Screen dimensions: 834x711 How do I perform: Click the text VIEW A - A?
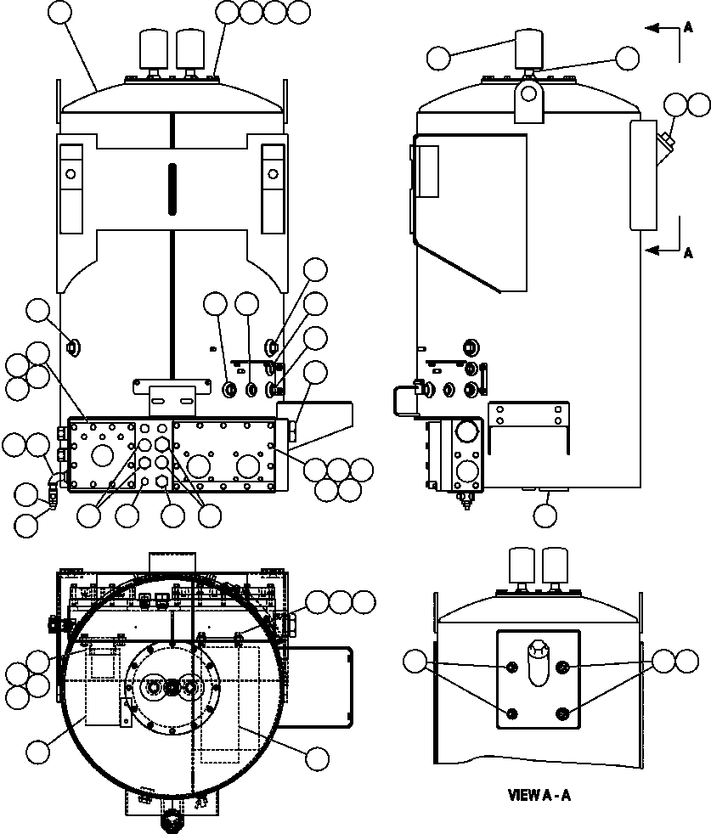[x=544, y=796]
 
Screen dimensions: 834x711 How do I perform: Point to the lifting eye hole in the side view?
[x=528, y=89]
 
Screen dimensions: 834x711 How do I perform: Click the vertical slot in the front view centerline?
[x=171, y=188]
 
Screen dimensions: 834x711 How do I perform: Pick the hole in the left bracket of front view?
[x=70, y=174]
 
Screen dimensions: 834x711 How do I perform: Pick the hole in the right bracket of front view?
[x=273, y=174]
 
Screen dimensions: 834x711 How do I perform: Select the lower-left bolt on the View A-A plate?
[x=511, y=713]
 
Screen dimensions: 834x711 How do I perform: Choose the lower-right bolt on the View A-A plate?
[x=563, y=713]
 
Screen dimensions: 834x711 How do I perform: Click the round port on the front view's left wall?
[x=72, y=346]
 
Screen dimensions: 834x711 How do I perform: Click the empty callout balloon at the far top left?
[x=60, y=12]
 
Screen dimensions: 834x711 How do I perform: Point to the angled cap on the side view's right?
[x=666, y=143]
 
